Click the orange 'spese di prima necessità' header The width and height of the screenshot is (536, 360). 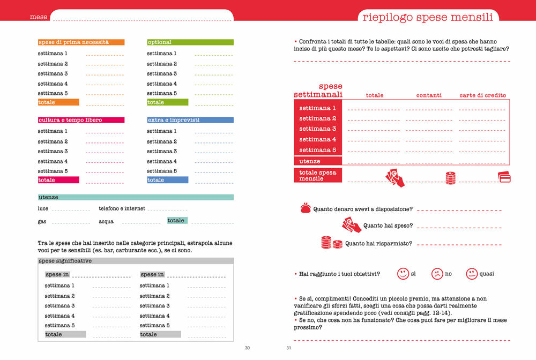pos(81,42)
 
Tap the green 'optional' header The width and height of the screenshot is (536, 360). pos(190,42)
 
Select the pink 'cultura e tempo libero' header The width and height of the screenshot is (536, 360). pos(81,120)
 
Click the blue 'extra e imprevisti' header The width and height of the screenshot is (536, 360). pos(190,120)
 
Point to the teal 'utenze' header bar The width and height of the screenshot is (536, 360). pos(136,197)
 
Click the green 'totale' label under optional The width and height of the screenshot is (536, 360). pos(167,102)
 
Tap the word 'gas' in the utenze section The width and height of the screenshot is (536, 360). pos(42,221)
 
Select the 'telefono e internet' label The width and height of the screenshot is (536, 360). pos(122,208)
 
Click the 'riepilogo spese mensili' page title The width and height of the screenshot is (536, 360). pos(428,17)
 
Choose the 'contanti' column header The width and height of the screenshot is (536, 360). pos(429,95)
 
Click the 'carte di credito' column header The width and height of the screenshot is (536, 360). pos(482,95)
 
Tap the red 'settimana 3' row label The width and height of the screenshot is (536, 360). pos(318,129)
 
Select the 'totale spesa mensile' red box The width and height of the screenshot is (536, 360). pos(318,175)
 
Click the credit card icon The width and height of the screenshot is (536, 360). pos(504,177)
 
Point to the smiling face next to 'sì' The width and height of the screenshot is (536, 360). pos(403,274)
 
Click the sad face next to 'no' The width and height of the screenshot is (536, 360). pos(437,274)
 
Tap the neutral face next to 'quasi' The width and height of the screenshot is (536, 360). pos(472,274)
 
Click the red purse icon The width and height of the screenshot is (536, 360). pos(306,209)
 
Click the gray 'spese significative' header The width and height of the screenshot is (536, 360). pos(136,261)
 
